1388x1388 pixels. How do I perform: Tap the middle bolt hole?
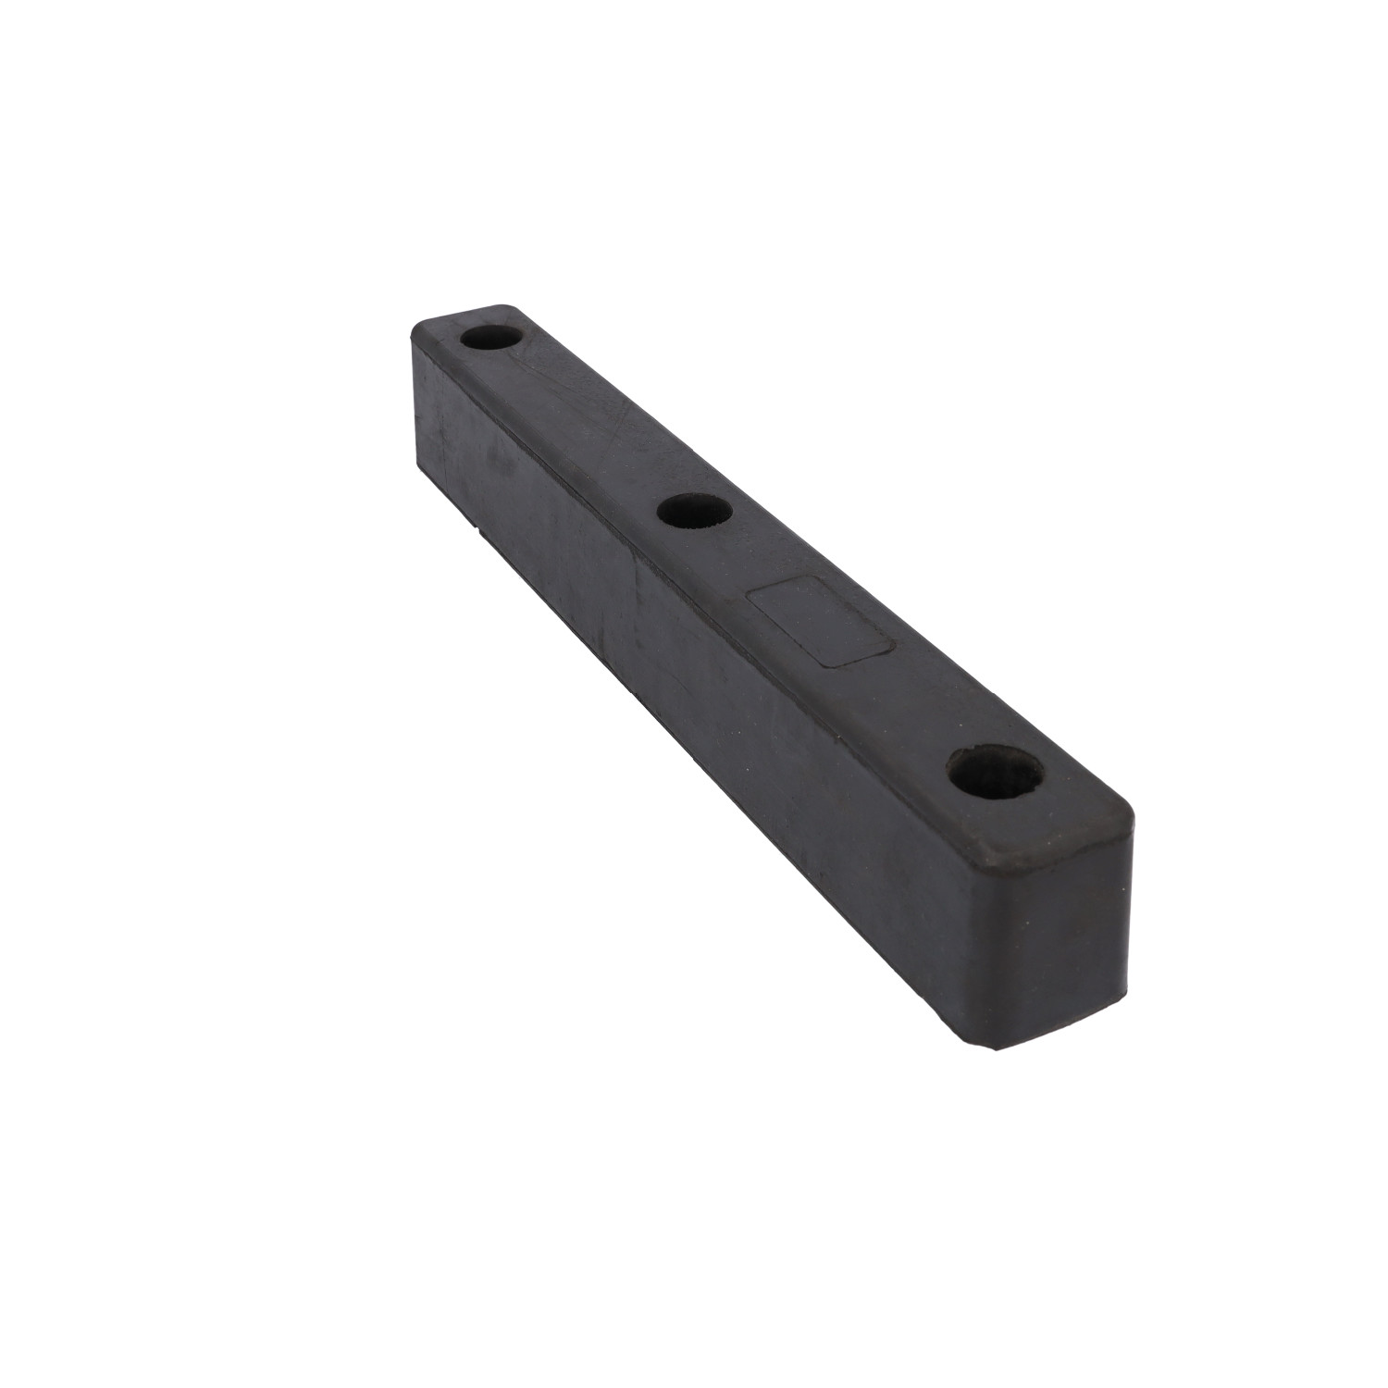pos(693,511)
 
